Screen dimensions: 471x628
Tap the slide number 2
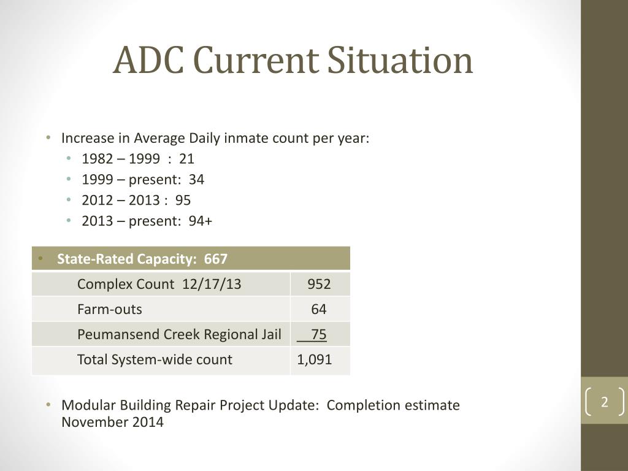(604, 402)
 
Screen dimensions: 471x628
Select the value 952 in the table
(319, 284)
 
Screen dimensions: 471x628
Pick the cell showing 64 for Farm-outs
(319, 309)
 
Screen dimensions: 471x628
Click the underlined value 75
(318, 334)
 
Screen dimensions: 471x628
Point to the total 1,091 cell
(315, 359)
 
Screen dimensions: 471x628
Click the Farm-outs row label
(109, 309)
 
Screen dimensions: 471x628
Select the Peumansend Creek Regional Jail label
(179, 334)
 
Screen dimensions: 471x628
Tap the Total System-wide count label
(155, 359)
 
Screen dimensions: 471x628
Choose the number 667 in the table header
(216, 259)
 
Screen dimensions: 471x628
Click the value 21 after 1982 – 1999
(187, 159)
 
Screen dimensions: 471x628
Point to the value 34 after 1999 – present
(197, 180)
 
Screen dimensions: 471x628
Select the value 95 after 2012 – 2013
(183, 201)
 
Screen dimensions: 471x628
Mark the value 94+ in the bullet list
(201, 221)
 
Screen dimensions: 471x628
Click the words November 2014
(112, 422)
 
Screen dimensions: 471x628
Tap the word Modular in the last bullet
(88, 405)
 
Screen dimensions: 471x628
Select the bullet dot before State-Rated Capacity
(40, 258)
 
